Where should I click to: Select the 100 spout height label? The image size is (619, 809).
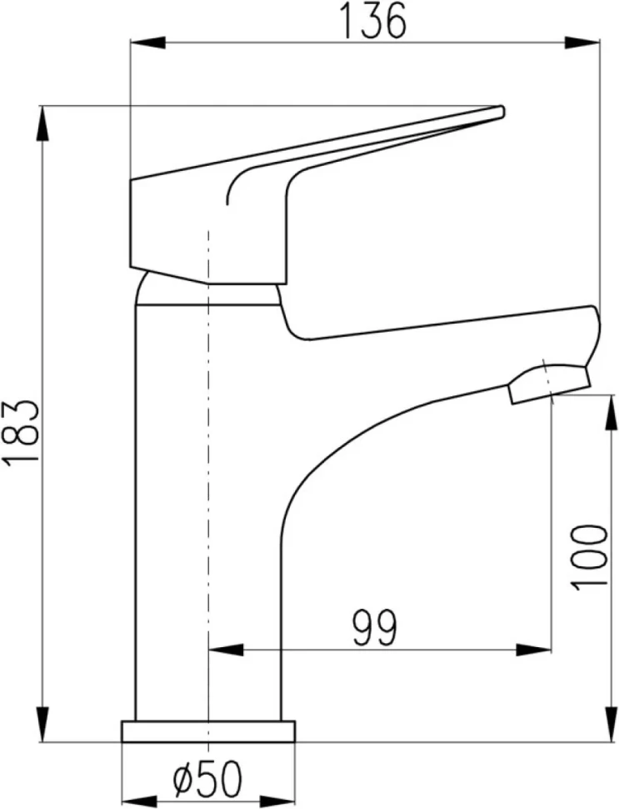(588, 557)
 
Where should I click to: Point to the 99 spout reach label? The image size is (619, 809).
(376, 628)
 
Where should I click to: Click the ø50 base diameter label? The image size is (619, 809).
(207, 778)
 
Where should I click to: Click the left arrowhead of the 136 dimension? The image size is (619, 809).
(148, 43)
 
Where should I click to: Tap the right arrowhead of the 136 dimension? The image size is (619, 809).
(583, 43)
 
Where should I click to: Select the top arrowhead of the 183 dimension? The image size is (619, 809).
(43, 123)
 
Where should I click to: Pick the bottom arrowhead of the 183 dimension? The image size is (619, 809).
(43, 725)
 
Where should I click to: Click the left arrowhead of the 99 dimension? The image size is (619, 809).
(226, 650)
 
